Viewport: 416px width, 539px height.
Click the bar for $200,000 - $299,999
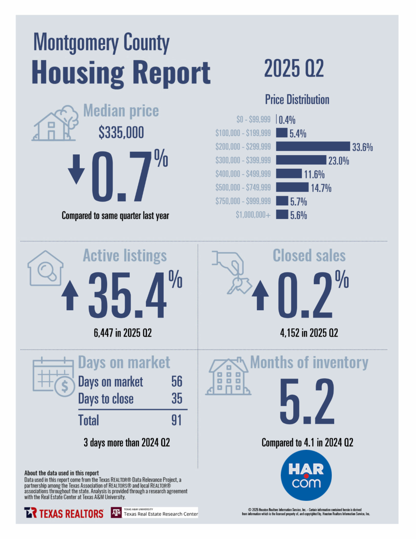tap(313, 146)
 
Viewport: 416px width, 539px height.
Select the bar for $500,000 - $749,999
tap(292, 187)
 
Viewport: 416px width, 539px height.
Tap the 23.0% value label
tap(339, 161)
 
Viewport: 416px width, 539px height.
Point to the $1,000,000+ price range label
tap(253, 215)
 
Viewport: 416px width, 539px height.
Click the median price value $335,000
tap(121, 133)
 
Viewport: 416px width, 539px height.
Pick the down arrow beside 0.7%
tap(76, 169)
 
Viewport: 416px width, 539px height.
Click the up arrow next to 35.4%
tap(70, 295)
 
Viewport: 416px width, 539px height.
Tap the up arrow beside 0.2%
tap(260, 295)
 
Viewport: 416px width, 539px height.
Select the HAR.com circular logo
tap(306, 475)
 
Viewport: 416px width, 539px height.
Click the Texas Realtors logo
tap(64, 513)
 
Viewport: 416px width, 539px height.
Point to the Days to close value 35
tap(177, 398)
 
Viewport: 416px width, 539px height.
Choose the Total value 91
tap(176, 420)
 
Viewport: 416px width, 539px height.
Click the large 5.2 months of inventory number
tap(307, 402)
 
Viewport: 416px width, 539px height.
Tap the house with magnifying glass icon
tap(45, 268)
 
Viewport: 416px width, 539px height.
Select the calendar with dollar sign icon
tap(54, 376)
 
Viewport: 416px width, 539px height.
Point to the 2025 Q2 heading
tap(294, 68)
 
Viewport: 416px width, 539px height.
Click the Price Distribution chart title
tap(297, 100)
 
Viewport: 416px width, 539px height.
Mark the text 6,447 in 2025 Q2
tap(123, 333)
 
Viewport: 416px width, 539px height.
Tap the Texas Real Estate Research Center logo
tap(154, 513)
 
